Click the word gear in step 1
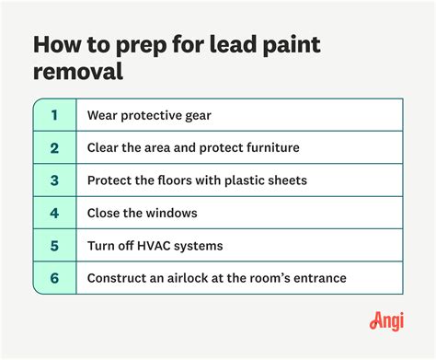coord(193,116)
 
